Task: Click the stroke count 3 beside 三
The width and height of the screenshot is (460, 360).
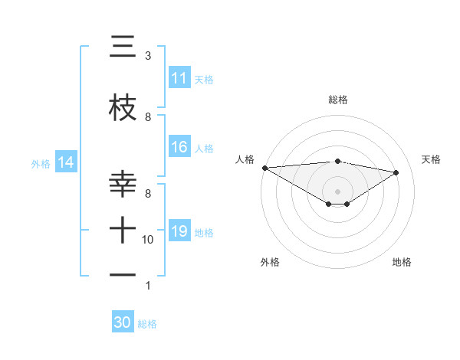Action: coord(147,56)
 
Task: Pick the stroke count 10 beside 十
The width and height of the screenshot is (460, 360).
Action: coord(149,240)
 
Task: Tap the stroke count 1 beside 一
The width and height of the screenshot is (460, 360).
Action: coord(147,286)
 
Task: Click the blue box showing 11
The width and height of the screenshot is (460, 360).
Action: coord(179,78)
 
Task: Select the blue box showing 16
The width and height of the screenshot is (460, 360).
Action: coord(179,147)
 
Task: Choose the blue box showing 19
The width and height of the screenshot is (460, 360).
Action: coord(179,231)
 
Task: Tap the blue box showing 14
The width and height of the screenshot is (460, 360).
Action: coord(66,162)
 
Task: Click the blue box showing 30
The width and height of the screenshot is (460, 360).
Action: coord(123,322)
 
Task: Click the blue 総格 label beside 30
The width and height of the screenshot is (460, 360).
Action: coord(147,324)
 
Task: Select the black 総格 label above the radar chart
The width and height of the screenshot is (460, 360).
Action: coord(337,100)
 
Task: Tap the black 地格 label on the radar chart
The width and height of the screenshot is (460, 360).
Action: coord(402,262)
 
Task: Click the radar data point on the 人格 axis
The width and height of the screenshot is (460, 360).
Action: coord(264,168)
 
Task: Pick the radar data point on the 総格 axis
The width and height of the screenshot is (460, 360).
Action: coord(337,161)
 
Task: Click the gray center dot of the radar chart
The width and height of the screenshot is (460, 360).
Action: coord(337,191)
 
